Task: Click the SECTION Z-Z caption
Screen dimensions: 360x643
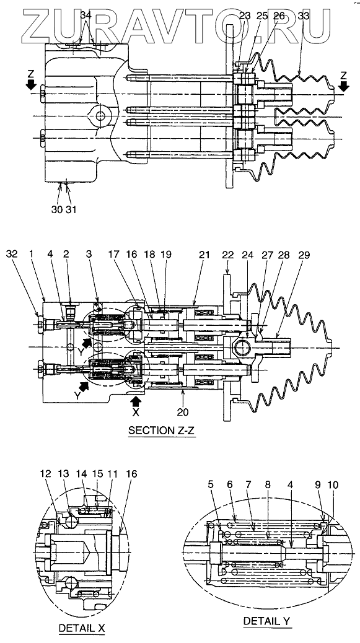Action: pyautogui.click(x=162, y=431)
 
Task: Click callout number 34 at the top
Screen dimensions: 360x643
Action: pyautogui.click(x=86, y=15)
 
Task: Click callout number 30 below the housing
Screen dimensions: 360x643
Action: pyautogui.click(x=57, y=209)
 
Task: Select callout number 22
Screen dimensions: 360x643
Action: pyautogui.click(x=228, y=255)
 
